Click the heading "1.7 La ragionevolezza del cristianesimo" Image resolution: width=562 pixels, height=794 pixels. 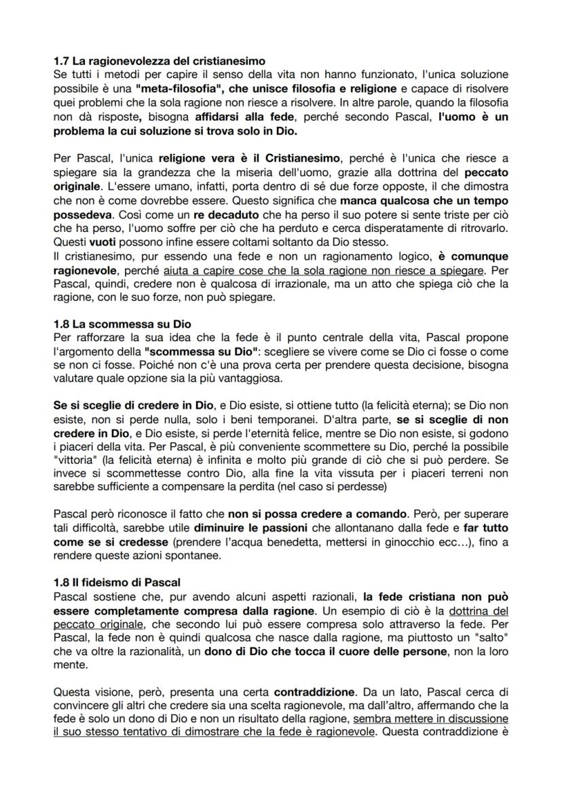[159, 61]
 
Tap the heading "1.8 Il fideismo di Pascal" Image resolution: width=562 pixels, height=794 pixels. [117, 582]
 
